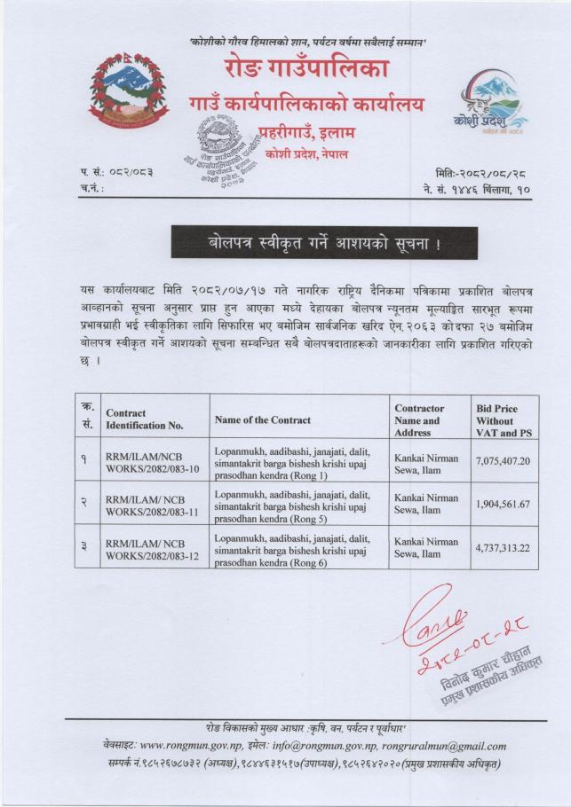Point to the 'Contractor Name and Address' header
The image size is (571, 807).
424,419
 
